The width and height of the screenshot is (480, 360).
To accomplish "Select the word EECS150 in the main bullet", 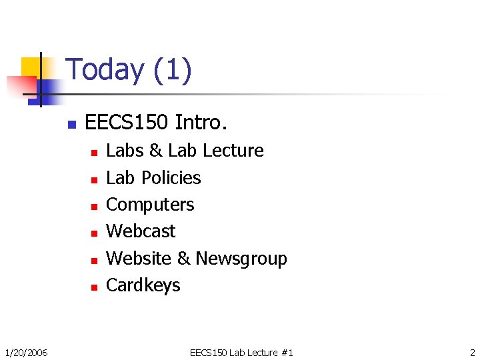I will coord(126,123).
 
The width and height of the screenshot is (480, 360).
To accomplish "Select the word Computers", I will coord(150,205).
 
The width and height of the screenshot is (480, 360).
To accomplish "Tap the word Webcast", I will coord(141,231).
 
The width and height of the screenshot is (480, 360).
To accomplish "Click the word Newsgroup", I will coord(241,259).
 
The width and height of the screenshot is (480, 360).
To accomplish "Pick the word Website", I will coord(139,258).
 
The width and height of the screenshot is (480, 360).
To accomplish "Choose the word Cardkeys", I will coord(143,285).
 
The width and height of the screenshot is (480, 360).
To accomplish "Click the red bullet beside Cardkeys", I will coord(94,287).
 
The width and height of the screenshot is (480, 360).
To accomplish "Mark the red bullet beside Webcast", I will coord(94,233).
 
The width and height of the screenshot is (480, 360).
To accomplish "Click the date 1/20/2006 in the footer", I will coord(26,352).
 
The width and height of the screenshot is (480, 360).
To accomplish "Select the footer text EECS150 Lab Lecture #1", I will coord(241,352).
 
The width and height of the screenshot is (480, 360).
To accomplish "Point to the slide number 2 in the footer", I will coord(471,352).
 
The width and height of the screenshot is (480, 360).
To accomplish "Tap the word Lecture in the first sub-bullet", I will coord(233,151).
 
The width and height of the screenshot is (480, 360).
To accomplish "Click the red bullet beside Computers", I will coord(94,206).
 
